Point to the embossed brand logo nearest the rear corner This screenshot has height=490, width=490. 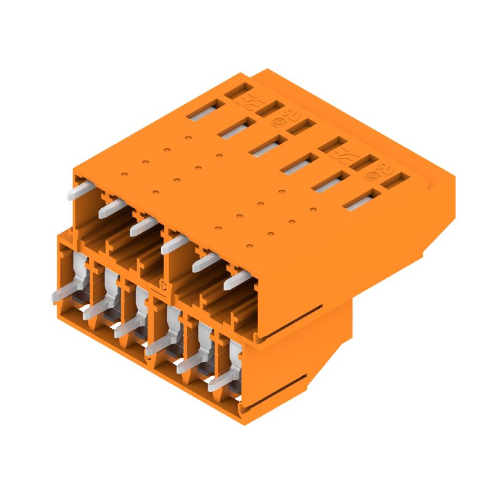(x=251, y=101)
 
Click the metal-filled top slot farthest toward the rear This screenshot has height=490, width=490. (x=203, y=111)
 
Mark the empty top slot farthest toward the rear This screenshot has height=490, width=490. (x=238, y=90)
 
